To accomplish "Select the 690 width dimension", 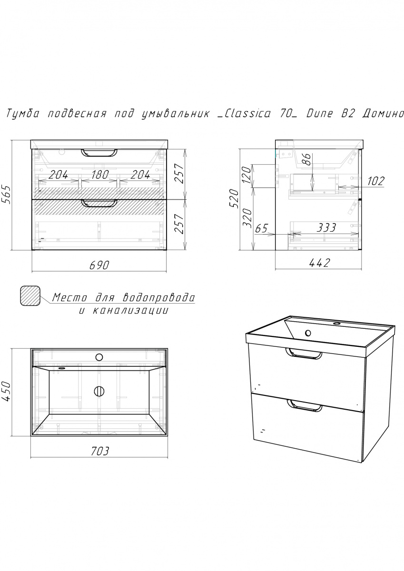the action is tap(99, 265).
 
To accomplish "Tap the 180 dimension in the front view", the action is tap(99, 175).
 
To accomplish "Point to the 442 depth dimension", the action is tap(319, 263).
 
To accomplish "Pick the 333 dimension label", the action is tap(326, 227).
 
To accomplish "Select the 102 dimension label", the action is tap(376, 181).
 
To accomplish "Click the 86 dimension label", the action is tap(307, 159).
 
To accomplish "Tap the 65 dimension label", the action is tap(261, 228).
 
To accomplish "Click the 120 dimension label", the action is tap(246, 176).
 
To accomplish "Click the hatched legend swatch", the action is tap(30, 295).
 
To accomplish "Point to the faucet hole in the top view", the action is tap(99, 357).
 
